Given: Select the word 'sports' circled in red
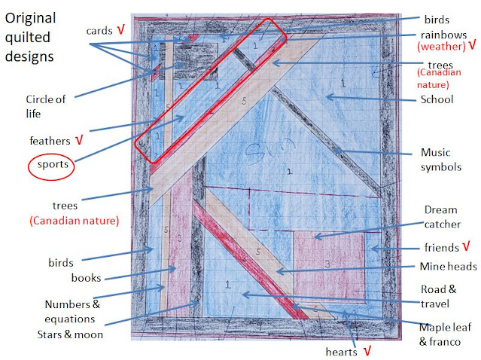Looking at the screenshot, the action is (x=50, y=164).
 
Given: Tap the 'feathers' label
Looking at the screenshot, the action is (x=50, y=140).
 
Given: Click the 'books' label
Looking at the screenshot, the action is (x=86, y=278).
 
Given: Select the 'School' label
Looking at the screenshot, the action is (x=438, y=99).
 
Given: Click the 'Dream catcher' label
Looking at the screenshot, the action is (x=440, y=216).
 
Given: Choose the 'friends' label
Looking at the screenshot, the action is (x=437, y=247).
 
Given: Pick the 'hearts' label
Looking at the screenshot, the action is (x=344, y=351).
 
